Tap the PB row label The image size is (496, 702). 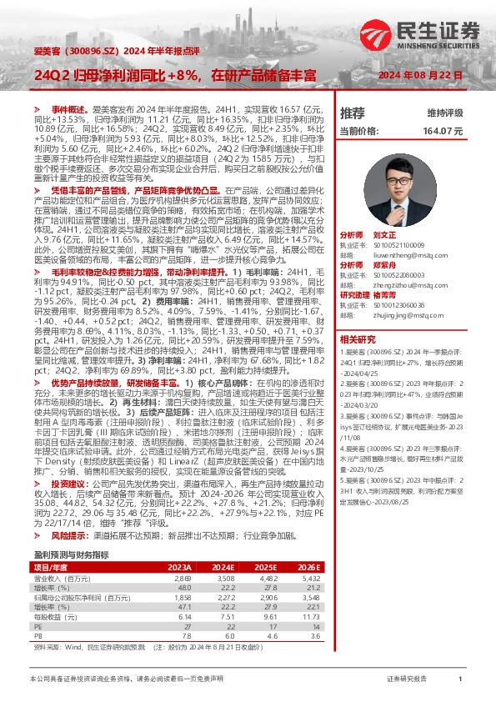38,612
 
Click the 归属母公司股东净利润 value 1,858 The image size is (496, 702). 182,574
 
